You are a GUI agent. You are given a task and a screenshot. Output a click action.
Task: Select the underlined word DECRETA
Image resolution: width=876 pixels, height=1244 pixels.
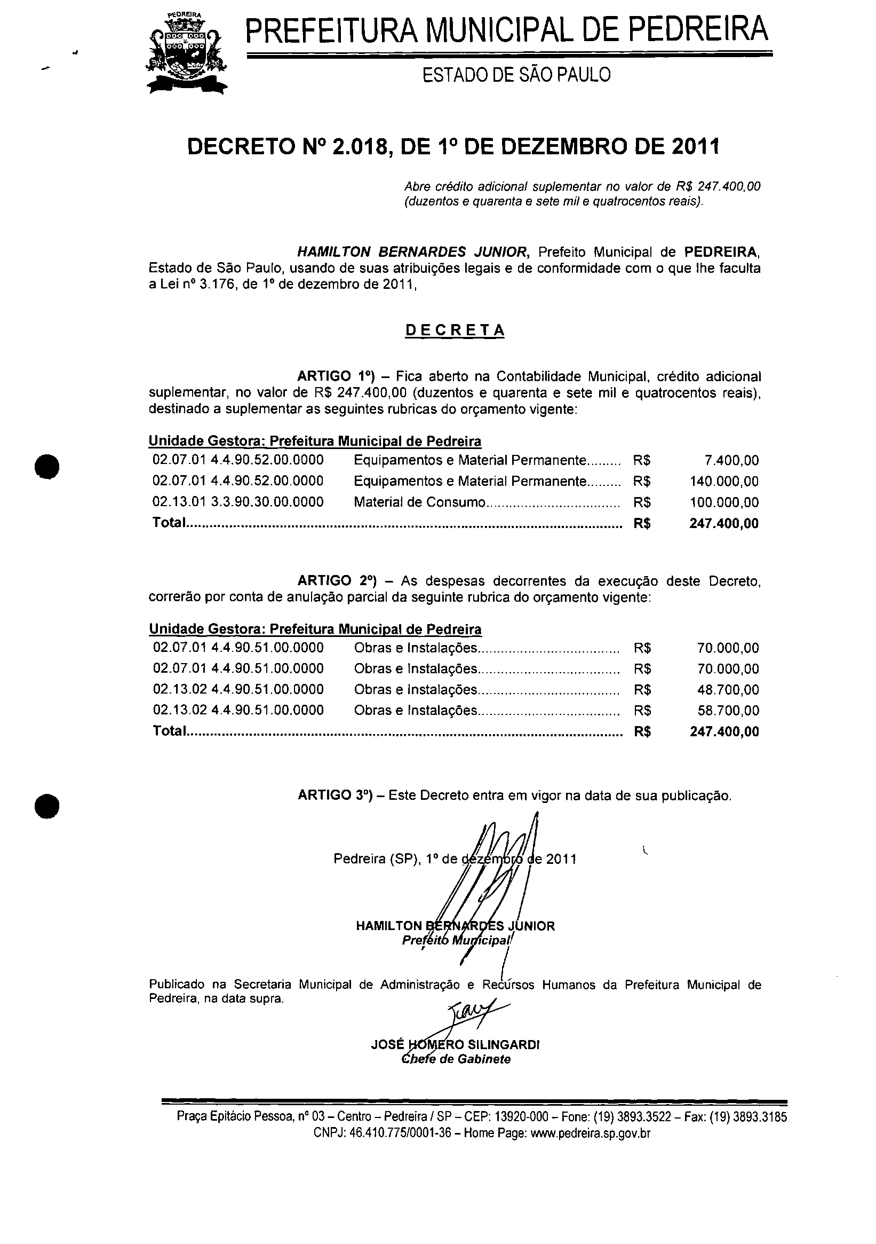point(455,330)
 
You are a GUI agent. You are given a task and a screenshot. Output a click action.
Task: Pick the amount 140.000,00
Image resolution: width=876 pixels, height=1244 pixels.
point(724,481)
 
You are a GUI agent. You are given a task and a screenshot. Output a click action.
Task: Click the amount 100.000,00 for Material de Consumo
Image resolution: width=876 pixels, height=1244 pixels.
point(724,502)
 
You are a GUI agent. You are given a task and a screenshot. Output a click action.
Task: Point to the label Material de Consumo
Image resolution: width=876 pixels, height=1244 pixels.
point(419,502)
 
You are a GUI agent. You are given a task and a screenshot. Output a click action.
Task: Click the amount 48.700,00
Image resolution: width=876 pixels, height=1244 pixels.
point(728,690)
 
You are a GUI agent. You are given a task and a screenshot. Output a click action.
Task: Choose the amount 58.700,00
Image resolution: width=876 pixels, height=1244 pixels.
point(728,710)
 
